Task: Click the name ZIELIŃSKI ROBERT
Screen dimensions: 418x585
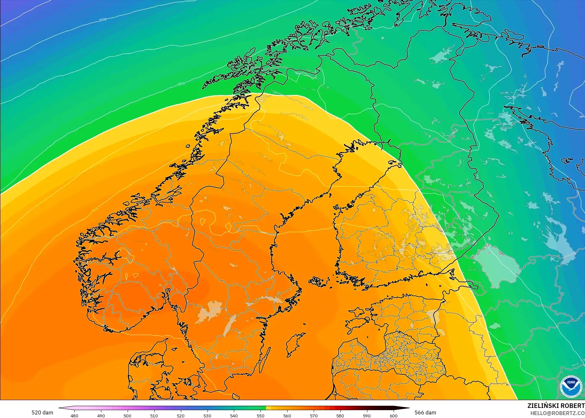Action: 556,406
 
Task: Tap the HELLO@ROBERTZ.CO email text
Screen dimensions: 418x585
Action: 557,413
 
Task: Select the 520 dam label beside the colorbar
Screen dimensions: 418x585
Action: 42,412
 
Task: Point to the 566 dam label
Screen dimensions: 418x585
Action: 425,412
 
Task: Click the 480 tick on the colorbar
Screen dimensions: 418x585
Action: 74,415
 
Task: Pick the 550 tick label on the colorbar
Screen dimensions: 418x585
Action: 261,415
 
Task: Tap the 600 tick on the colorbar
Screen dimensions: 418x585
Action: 393,415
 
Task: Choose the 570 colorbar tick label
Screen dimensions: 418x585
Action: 314,415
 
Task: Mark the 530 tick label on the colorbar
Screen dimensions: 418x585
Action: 207,415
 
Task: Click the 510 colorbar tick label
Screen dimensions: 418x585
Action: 154,415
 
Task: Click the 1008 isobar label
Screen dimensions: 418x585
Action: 103,20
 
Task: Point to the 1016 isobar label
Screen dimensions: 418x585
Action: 181,84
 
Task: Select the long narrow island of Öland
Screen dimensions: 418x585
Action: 265,361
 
